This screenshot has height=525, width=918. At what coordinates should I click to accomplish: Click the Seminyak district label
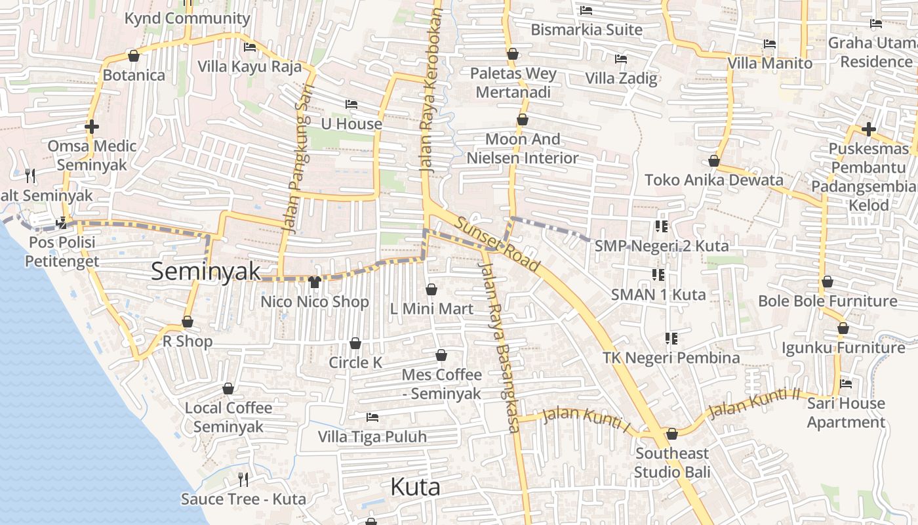[x=206, y=271]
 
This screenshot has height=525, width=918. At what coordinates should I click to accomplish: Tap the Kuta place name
[x=415, y=487]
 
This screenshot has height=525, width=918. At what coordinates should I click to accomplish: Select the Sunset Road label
[x=498, y=244]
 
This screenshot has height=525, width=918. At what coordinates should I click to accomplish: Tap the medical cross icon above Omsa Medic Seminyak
[x=92, y=126]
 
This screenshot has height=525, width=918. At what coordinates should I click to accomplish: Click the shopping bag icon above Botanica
[x=134, y=56]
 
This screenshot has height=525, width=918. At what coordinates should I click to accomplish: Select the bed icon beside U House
[x=351, y=104]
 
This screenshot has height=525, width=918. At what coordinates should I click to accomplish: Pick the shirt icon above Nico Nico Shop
[x=315, y=282]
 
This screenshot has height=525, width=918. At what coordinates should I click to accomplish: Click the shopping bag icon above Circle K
[x=355, y=343]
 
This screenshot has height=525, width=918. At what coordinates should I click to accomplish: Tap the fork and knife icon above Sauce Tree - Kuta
[x=243, y=479]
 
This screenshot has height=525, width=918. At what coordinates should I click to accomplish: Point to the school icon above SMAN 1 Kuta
[x=658, y=274]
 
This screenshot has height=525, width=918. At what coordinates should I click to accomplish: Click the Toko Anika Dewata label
[x=714, y=180]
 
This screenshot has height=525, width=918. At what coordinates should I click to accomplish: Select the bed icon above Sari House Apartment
[x=846, y=383]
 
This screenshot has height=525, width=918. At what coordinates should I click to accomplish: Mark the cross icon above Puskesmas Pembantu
[x=869, y=129]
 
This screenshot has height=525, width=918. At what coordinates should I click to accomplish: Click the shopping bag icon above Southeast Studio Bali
[x=672, y=434]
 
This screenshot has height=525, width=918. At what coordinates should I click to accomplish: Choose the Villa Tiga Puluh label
[x=372, y=436]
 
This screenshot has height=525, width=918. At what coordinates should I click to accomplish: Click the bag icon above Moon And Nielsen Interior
[x=523, y=119]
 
